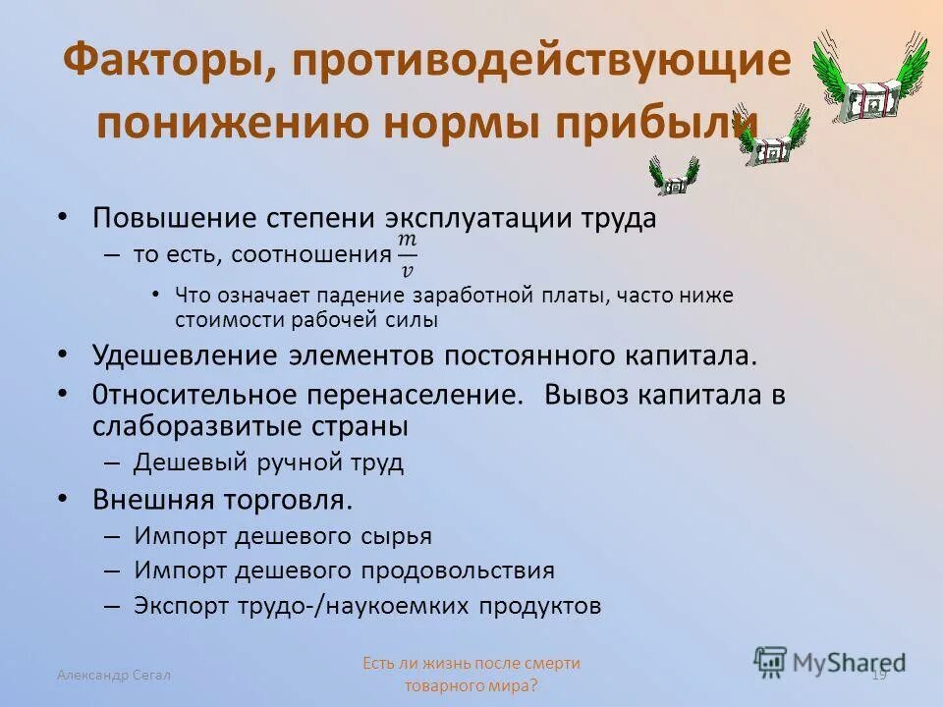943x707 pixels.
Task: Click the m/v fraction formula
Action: click(407, 254)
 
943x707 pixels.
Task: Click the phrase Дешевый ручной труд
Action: click(268, 462)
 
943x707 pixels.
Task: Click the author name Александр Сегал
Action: click(113, 675)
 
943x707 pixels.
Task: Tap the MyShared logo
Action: click(830, 661)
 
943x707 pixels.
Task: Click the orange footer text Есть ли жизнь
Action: click(471, 664)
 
